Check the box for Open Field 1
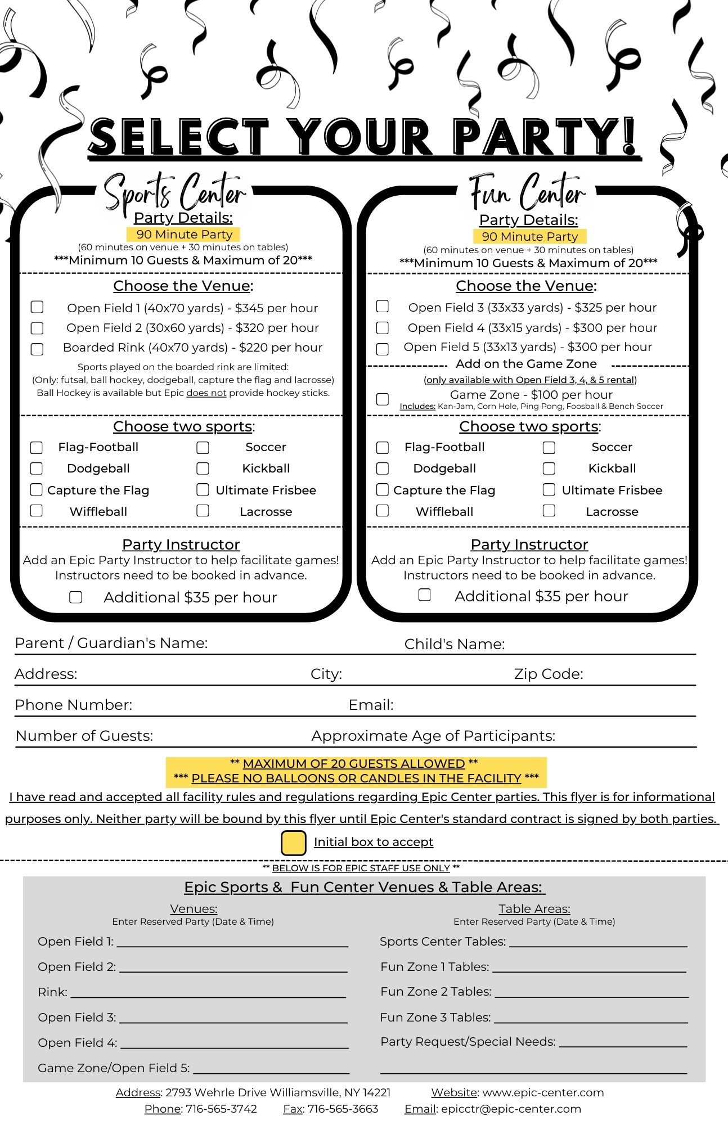pyautogui.click(x=37, y=307)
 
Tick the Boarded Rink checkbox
pyautogui.click(x=37, y=349)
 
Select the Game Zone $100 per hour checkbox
pyautogui.click(x=383, y=399)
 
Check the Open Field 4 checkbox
pyautogui.click(x=383, y=327)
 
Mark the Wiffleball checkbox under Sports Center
pyautogui.click(x=37, y=511)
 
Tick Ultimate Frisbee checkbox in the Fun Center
pyautogui.click(x=549, y=489)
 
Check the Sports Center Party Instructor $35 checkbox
pyautogui.click(x=75, y=597)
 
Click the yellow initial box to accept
pyautogui.click(x=293, y=843)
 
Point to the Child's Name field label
pyautogui.click(x=454, y=644)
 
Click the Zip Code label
pyautogui.click(x=548, y=674)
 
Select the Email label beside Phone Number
pyautogui.click(x=371, y=705)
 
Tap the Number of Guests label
pyautogui.click(x=84, y=736)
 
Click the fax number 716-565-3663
pyautogui.click(x=343, y=1109)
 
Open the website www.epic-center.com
pyautogui.click(x=543, y=1092)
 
